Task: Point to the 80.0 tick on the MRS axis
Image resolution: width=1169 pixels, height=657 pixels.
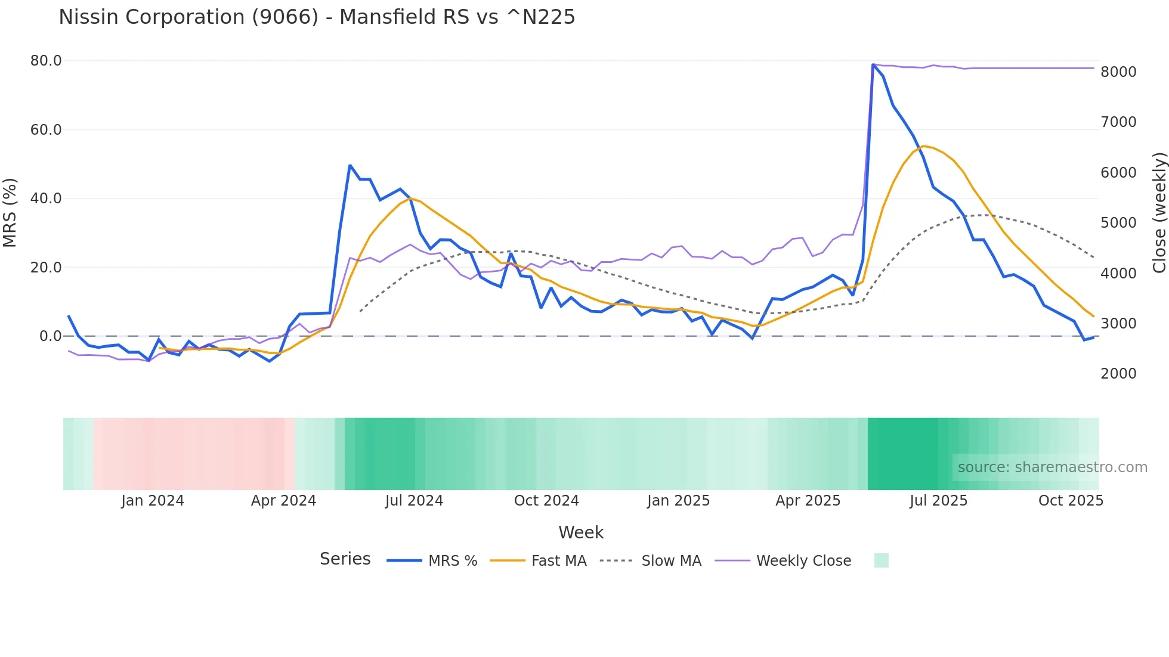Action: (46, 61)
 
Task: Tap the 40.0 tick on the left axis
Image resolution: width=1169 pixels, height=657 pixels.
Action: (46, 199)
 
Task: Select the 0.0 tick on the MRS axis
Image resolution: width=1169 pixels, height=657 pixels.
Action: (50, 336)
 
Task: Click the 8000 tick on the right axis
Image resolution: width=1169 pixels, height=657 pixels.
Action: (1118, 72)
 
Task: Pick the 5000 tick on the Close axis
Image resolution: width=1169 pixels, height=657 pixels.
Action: (1118, 223)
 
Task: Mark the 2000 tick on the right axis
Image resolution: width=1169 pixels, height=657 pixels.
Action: (1118, 374)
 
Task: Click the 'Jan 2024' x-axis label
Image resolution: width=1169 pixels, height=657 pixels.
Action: (153, 501)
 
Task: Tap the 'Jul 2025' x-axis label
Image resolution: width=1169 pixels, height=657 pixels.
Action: (938, 501)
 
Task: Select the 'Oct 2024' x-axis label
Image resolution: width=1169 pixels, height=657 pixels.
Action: (546, 501)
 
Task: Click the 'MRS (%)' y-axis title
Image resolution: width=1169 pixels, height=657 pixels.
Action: (10, 212)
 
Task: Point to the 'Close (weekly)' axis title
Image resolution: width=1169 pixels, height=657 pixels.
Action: (1159, 212)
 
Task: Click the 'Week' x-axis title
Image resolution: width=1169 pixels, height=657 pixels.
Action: (581, 532)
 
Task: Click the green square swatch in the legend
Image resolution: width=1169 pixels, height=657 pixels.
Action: (881, 560)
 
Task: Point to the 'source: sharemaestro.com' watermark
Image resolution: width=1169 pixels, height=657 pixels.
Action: (1052, 467)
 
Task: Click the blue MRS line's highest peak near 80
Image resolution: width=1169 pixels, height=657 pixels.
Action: (873, 64)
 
